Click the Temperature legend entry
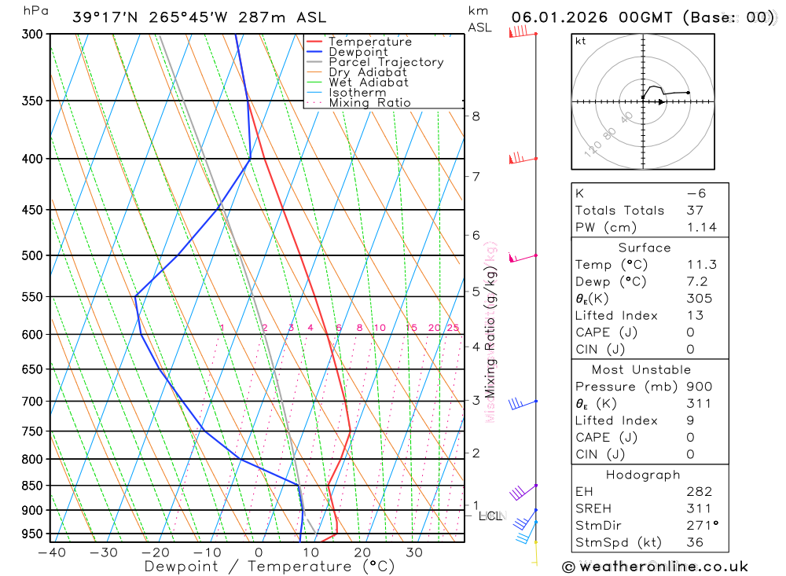pyautogui.click(x=369, y=42)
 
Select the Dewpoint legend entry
pyautogui.click(x=358, y=52)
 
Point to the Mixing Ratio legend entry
pyautogui.click(x=369, y=103)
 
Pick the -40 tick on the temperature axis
pyautogui.click(x=51, y=552)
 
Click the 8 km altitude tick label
pyautogui.click(x=476, y=116)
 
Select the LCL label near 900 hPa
pyautogui.click(x=490, y=516)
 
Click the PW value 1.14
pyautogui.click(x=701, y=227)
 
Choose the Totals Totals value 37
pyautogui.click(x=695, y=211)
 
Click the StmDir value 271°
pyautogui.click(x=703, y=525)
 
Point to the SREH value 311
pyautogui.click(x=699, y=508)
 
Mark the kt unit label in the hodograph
pyautogui.click(x=580, y=41)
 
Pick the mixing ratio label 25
pyautogui.click(x=453, y=328)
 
